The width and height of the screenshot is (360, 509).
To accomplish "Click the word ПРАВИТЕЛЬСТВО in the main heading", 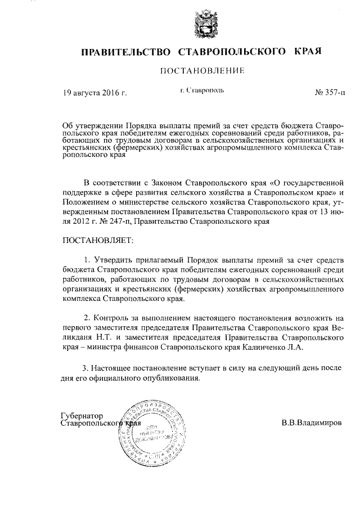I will (126, 53).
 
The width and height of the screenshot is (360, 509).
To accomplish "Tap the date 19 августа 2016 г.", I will (95, 93).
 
